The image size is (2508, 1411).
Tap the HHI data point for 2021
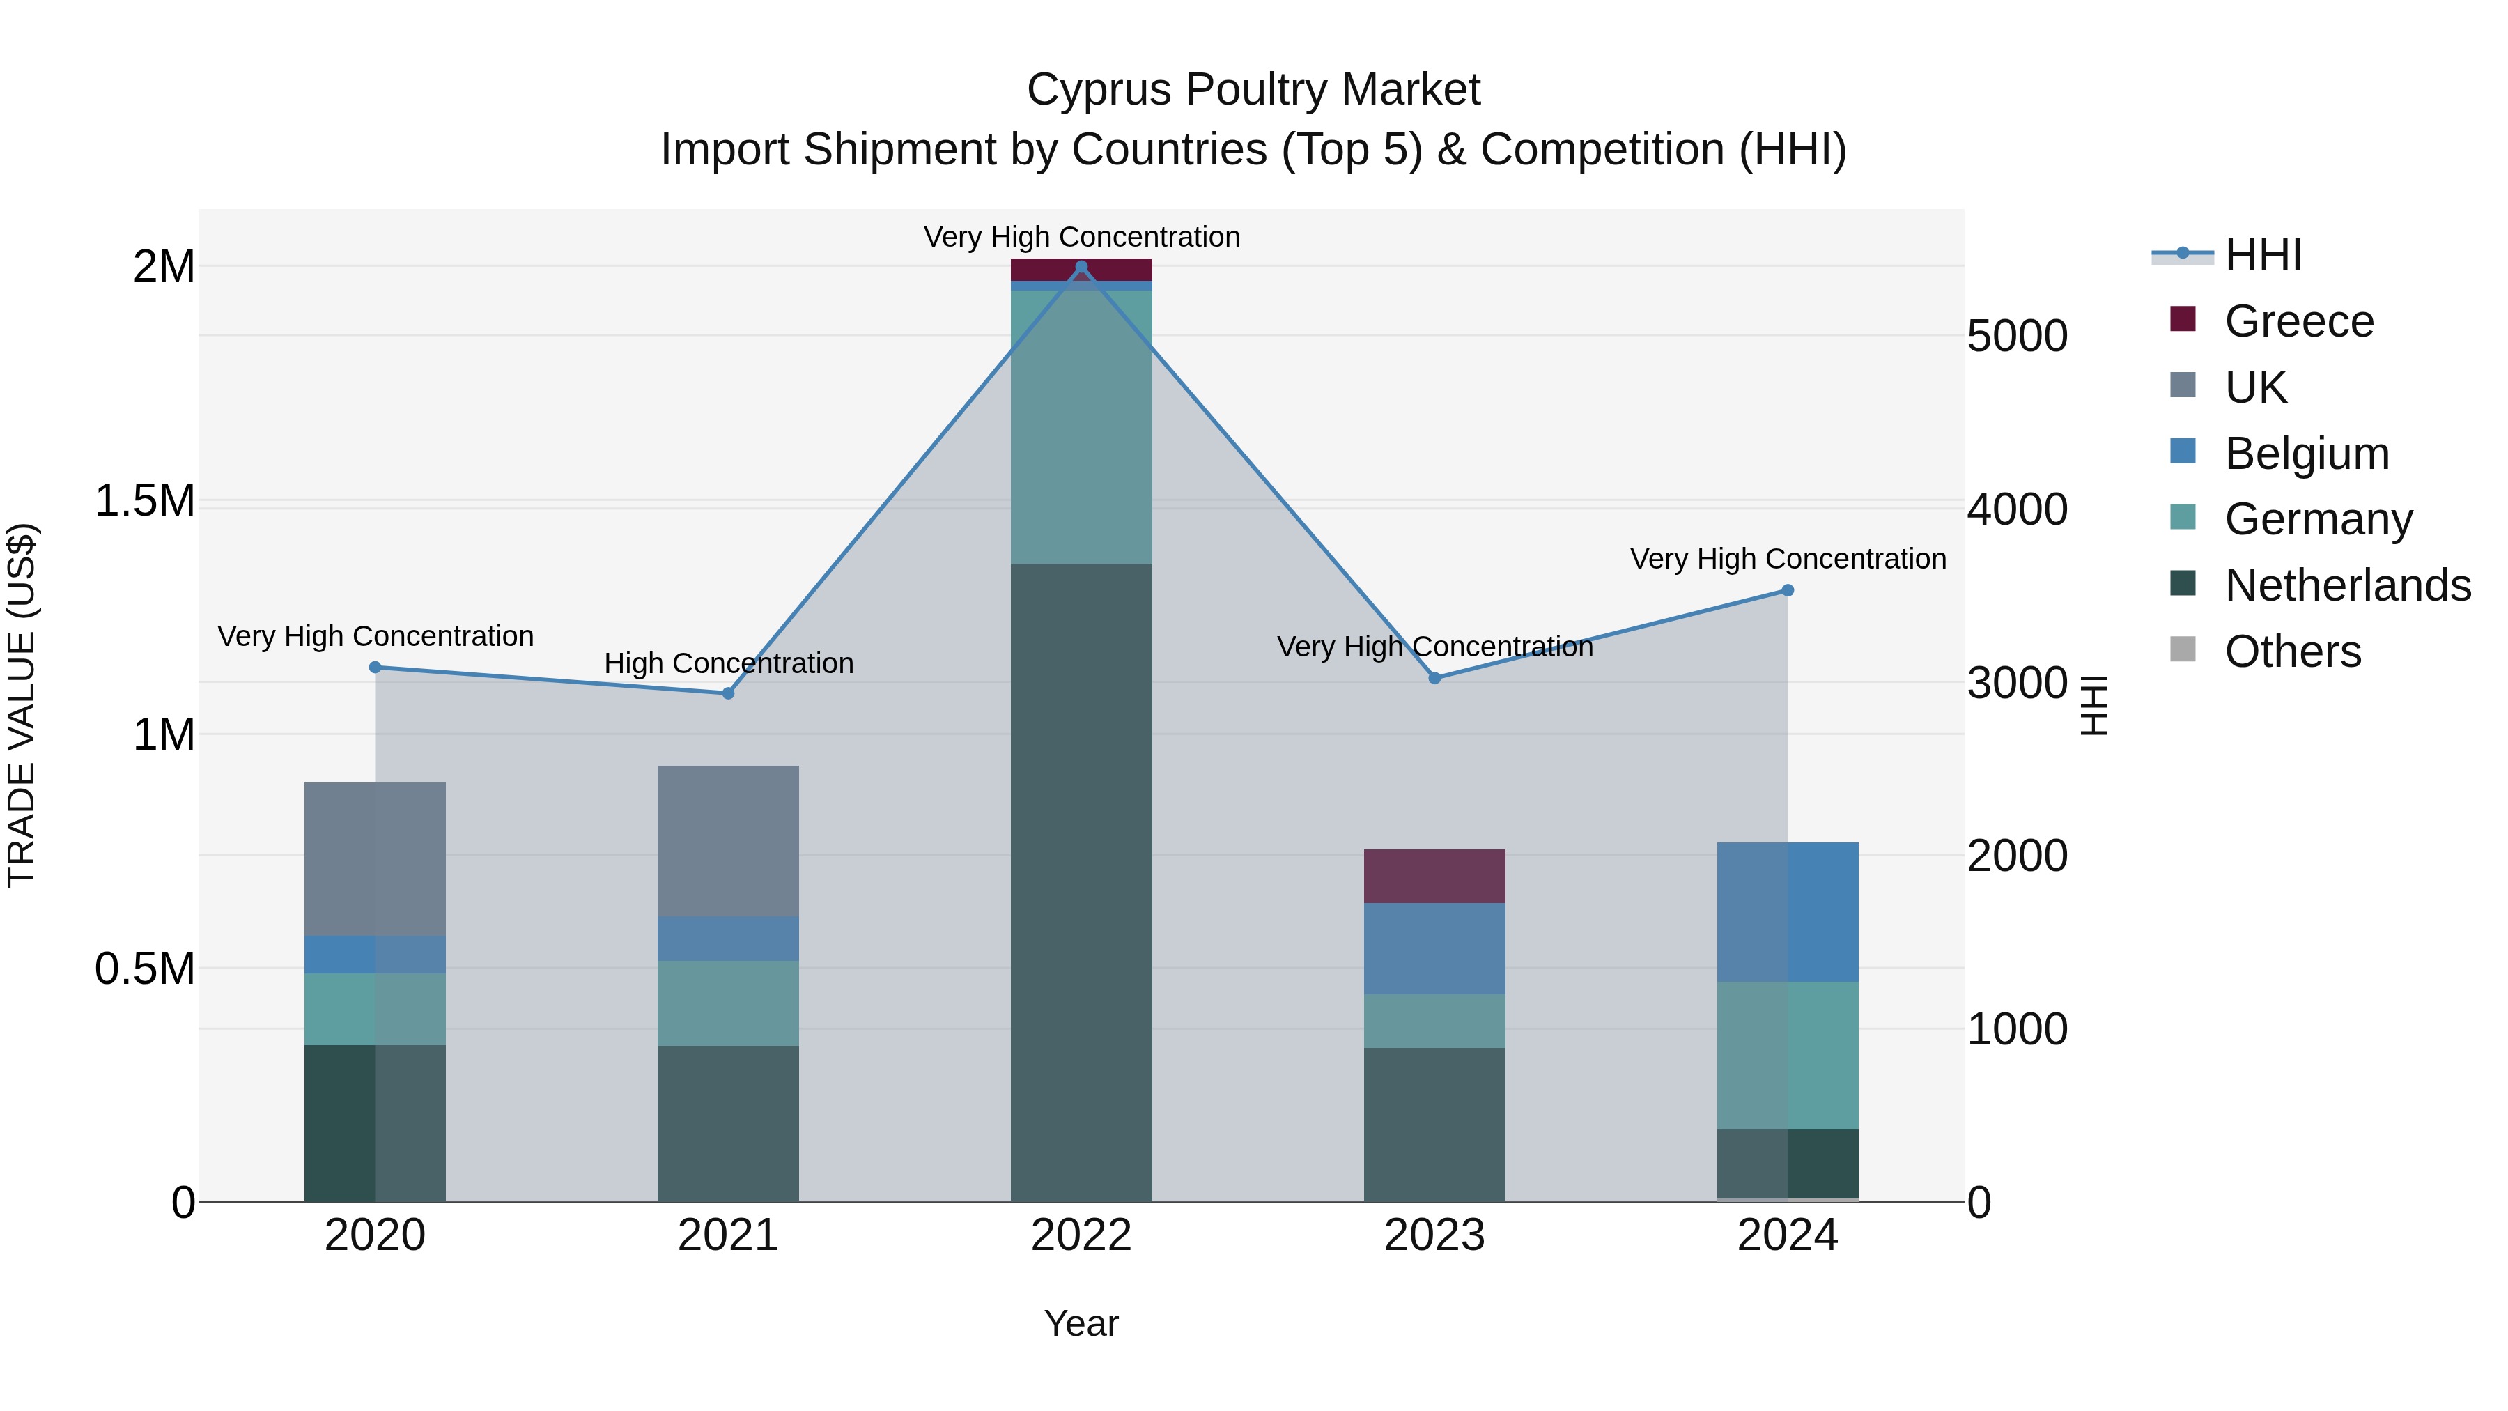pyautogui.click(x=727, y=693)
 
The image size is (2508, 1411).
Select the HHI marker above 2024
pyautogui.click(x=1788, y=590)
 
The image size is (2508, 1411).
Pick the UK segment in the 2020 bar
pyautogui.click(x=375, y=859)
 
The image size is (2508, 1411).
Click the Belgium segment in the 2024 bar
pyautogui.click(x=1788, y=911)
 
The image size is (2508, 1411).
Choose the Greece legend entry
pyautogui.click(x=2299, y=321)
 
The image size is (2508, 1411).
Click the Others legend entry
pyautogui.click(x=2292, y=651)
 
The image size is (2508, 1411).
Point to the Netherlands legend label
pyautogui.click(x=2347, y=585)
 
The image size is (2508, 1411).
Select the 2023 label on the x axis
pyautogui.click(x=1434, y=1235)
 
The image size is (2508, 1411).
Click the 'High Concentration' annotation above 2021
pyautogui.click(x=728, y=663)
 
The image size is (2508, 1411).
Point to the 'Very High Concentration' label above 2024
pyautogui.click(x=1788, y=559)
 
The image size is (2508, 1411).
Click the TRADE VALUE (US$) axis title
pyautogui.click(x=22, y=705)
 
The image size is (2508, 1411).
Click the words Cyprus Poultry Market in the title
pyautogui.click(x=1253, y=90)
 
